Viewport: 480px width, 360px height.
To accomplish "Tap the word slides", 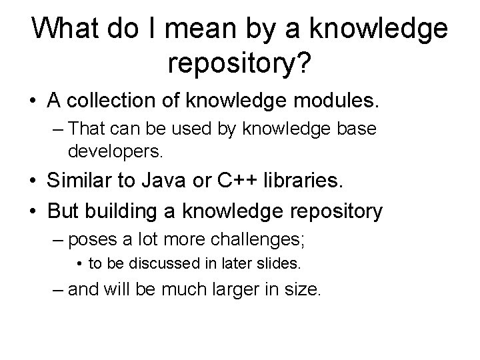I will pos(283,263).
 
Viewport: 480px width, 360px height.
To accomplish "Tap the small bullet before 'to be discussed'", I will pos(79,264).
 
